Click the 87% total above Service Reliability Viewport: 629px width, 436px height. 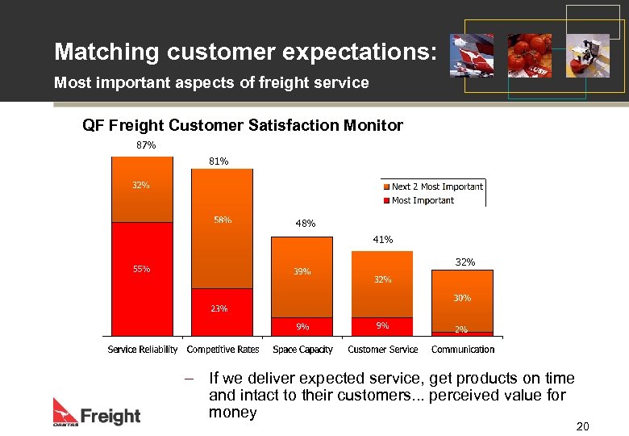[145, 145]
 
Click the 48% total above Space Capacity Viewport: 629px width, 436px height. [306, 224]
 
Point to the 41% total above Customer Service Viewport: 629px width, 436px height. [382, 240]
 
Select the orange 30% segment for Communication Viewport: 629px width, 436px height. [462, 300]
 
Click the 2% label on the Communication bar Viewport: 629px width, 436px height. [461, 329]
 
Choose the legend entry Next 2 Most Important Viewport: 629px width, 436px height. [436, 187]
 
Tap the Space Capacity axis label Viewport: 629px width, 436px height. [302, 350]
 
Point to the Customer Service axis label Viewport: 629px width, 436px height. [382, 350]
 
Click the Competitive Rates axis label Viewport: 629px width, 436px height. [223, 350]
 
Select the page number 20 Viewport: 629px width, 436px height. [583, 426]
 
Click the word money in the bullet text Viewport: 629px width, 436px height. [232, 413]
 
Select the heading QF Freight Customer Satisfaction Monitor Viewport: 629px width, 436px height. [243, 125]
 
